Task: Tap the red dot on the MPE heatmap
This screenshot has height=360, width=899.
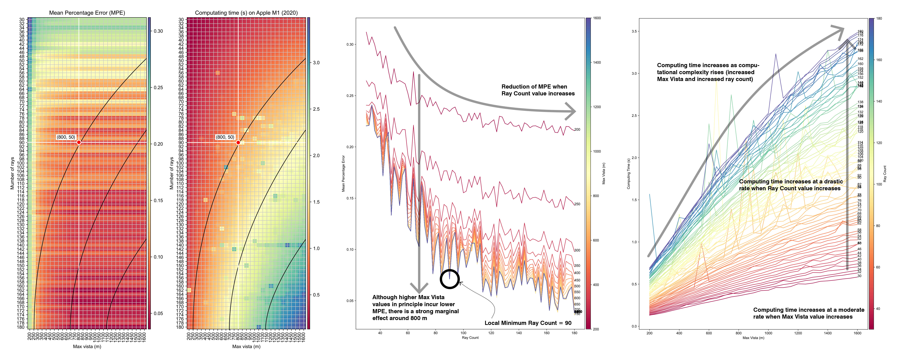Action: [79, 142]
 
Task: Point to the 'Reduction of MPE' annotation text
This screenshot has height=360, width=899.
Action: [538, 90]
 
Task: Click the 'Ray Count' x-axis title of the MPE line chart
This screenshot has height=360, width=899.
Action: [470, 338]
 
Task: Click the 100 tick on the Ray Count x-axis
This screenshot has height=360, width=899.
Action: [463, 333]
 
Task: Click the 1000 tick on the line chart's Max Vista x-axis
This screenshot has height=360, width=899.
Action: [768, 333]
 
